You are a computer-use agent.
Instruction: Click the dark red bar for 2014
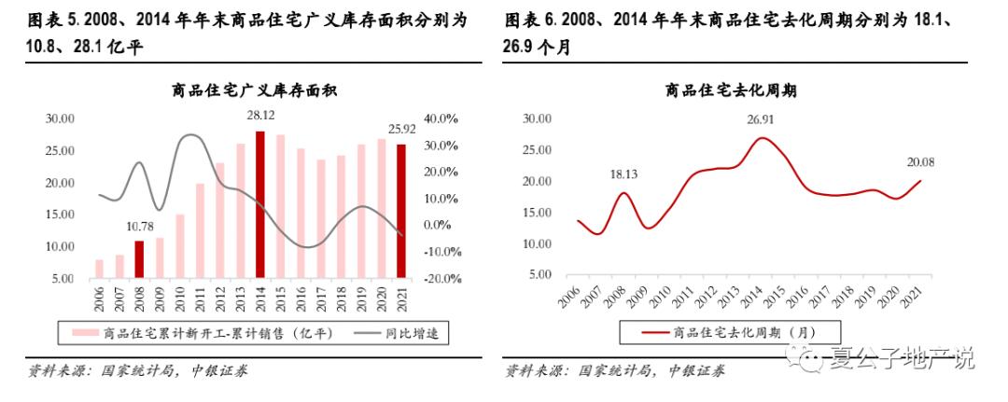pyautogui.click(x=260, y=205)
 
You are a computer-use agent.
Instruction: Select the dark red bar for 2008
pyautogui.click(x=140, y=259)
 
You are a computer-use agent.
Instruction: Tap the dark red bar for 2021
pyautogui.click(x=401, y=212)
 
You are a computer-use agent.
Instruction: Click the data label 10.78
pyautogui.click(x=140, y=225)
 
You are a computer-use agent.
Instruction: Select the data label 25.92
pyautogui.click(x=401, y=129)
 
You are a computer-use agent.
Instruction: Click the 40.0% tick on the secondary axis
pyautogui.click(x=442, y=118)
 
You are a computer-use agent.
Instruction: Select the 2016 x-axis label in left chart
pyautogui.click(x=301, y=299)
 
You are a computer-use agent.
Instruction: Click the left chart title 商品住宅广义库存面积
pyautogui.click(x=254, y=90)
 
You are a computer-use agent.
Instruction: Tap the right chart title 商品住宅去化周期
pyautogui.click(x=730, y=90)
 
